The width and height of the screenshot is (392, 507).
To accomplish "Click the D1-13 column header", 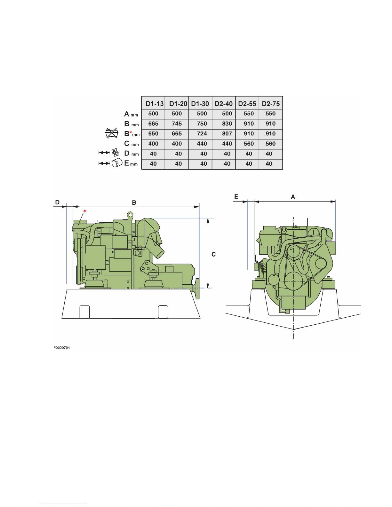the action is [155, 104].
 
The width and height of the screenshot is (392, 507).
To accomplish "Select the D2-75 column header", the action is [271, 104].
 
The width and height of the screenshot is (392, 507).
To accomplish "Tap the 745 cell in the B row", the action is [177, 124].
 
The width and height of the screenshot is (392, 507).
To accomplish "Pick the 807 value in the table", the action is [227, 134].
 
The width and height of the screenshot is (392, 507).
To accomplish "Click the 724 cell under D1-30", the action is [202, 134].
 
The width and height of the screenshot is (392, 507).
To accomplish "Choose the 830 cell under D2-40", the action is [227, 124].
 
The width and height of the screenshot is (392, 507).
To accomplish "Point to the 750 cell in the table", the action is [202, 124].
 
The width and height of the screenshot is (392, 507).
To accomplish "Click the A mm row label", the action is [131, 114].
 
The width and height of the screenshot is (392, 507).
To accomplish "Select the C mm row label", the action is [132, 144].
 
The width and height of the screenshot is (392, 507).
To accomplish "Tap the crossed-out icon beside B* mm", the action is [112, 133].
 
